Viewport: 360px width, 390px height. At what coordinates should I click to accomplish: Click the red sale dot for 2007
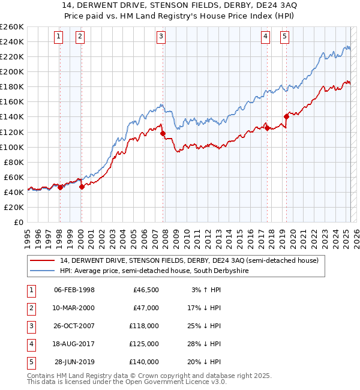[163, 133]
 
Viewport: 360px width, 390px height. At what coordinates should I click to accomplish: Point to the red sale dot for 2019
[286, 117]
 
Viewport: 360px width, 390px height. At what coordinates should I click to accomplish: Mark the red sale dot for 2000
[82, 187]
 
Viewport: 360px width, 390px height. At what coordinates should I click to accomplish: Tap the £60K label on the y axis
[14, 177]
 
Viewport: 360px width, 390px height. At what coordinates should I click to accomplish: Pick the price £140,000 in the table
[146, 362]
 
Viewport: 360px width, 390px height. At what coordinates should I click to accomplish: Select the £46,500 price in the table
[146, 290]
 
